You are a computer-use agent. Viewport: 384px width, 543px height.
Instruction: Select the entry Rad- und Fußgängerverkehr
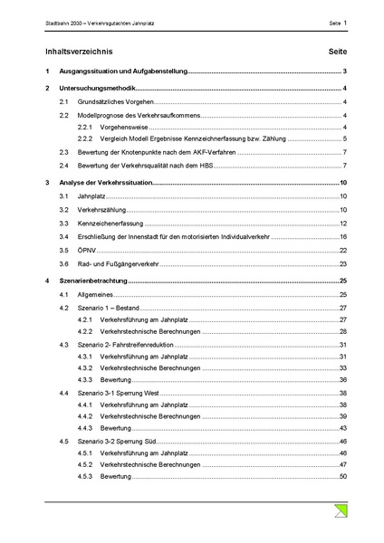[119, 263]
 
